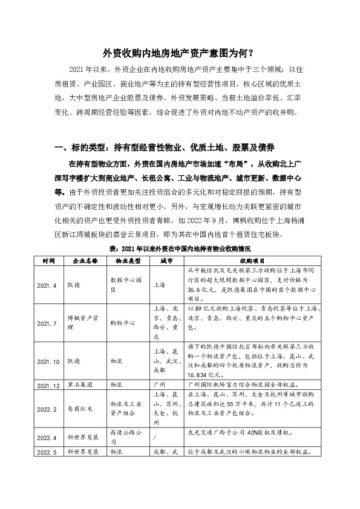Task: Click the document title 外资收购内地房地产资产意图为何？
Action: tap(179, 53)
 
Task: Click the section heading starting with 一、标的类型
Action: tap(165, 148)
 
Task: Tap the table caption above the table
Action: tap(179, 248)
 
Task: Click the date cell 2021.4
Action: tap(47, 285)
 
